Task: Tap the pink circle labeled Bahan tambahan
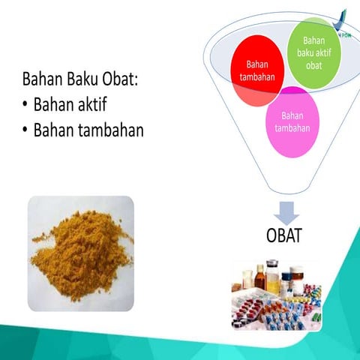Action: coord(293,121)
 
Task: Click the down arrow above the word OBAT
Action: coord(283,211)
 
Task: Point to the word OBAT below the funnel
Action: coord(283,236)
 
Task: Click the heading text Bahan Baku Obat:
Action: coord(80,79)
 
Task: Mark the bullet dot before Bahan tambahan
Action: coord(25,130)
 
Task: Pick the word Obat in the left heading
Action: coord(120,79)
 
